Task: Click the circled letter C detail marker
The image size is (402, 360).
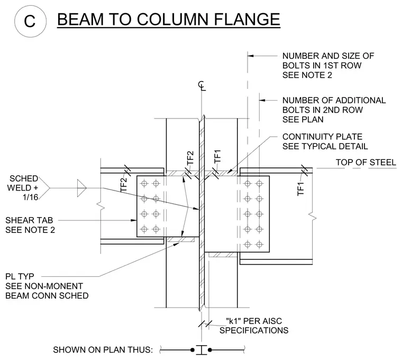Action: [x=30, y=21]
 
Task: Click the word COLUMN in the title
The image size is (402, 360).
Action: [x=172, y=19]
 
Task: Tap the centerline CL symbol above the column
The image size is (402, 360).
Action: [x=202, y=86]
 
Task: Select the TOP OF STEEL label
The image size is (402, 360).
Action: [x=366, y=163]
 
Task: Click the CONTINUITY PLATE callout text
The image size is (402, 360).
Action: [x=322, y=137]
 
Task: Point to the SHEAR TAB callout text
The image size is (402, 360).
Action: [x=29, y=220]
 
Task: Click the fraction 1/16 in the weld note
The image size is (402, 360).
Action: [x=30, y=197]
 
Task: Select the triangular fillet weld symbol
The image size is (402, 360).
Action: [x=82, y=188]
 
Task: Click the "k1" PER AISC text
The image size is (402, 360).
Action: [x=254, y=321]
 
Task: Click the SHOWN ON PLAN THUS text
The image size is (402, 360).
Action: [x=103, y=350]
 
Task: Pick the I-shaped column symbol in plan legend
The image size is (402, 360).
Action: [x=202, y=350]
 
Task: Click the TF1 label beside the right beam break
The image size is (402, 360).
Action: [x=300, y=189]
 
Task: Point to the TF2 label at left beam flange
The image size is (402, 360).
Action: [x=124, y=185]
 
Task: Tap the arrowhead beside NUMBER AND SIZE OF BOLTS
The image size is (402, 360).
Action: [x=251, y=56]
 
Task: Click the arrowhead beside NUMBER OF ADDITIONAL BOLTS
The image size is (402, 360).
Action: [x=262, y=100]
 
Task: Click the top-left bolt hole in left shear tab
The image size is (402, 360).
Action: [x=144, y=184]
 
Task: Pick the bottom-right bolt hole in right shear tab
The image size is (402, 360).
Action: [x=260, y=244]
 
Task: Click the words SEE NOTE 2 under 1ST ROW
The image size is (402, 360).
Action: [x=307, y=75]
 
